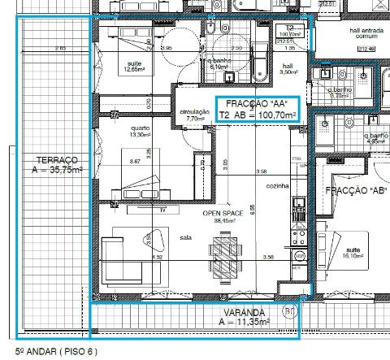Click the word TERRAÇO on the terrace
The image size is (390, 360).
click(51, 159)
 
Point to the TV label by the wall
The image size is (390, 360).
click(163, 210)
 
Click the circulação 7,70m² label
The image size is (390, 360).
click(194, 115)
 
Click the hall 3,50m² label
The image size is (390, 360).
click(288, 69)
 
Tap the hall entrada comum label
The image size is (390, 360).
click(365, 33)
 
